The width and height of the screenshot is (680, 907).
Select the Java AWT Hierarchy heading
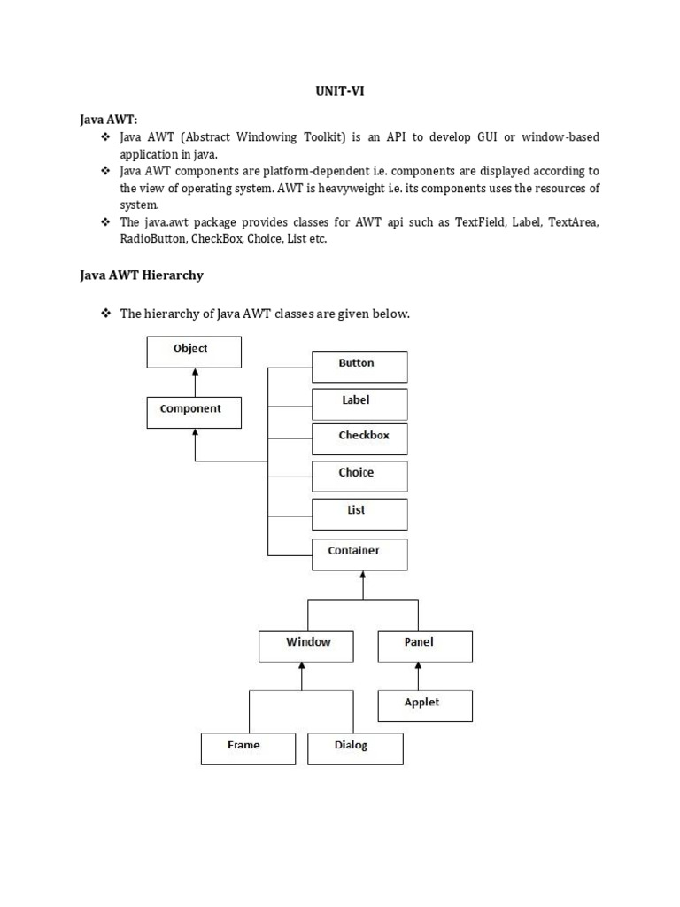pos(142,275)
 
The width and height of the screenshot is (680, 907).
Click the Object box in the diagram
pos(193,351)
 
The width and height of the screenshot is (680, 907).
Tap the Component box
pos(193,412)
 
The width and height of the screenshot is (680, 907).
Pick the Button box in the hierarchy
pos(359,366)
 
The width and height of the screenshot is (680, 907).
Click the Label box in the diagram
pos(359,403)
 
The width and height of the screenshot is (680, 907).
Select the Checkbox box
pos(359,438)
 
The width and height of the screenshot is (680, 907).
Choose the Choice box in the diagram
pos(359,476)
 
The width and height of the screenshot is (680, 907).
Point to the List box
pos(359,513)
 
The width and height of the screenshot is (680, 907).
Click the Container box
pos(359,554)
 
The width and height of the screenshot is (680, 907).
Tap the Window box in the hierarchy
pos(306,645)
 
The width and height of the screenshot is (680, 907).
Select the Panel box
pos(425,645)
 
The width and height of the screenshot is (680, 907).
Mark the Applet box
pos(425,705)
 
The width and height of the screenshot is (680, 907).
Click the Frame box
pos(248,748)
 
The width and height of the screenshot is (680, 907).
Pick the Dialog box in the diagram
pos(355,748)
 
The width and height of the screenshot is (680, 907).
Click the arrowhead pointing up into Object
pos(194,372)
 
